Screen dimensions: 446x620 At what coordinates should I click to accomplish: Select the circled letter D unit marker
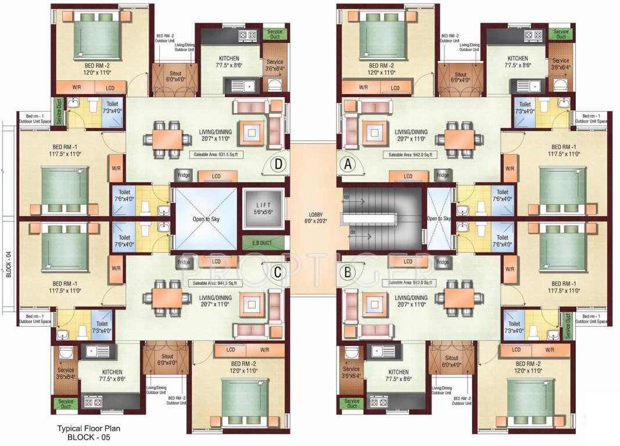278,164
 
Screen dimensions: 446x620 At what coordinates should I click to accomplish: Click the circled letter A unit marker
349,164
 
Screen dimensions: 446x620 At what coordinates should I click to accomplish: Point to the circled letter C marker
278,271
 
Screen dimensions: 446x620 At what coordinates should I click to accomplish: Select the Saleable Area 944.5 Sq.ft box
216,283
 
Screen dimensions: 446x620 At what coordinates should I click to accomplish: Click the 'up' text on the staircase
347,198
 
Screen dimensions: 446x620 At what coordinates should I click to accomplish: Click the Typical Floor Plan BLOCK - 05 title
88,433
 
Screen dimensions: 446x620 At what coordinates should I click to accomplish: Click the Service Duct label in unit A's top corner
561,34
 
